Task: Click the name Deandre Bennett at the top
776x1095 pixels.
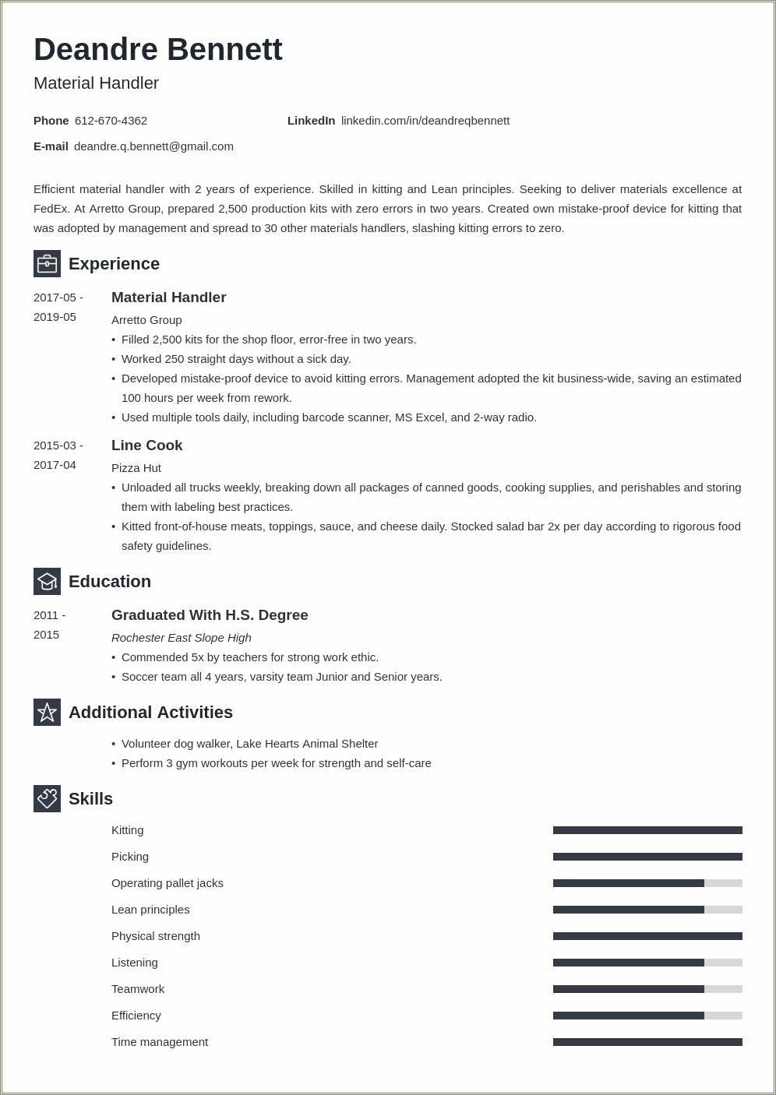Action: (x=157, y=50)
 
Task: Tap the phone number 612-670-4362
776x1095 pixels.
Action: (x=111, y=121)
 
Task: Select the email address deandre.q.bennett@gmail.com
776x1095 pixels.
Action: (x=153, y=146)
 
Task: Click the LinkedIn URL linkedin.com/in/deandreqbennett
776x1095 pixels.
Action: (x=425, y=121)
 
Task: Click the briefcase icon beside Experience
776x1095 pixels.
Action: (x=47, y=263)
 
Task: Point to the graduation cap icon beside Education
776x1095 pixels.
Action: (x=47, y=581)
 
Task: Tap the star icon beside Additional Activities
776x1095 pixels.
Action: (x=47, y=712)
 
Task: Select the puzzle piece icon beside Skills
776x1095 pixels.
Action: (x=47, y=798)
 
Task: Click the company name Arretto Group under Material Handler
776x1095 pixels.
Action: (x=146, y=320)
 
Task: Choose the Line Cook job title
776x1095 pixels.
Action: (x=146, y=445)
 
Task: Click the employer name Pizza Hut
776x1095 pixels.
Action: (x=136, y=468)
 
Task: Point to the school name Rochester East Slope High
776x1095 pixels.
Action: (x=181, y=638)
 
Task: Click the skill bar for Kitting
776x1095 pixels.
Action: (x=647, y=830)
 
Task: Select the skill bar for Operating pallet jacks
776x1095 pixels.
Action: (x=647, y=883)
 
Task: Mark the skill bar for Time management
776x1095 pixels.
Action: (x=647, y=1042)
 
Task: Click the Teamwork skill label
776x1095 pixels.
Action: (x=138, y=989)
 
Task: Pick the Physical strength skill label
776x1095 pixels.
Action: (x=156, y=936)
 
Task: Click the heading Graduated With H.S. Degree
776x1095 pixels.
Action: (x=210, y=615)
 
